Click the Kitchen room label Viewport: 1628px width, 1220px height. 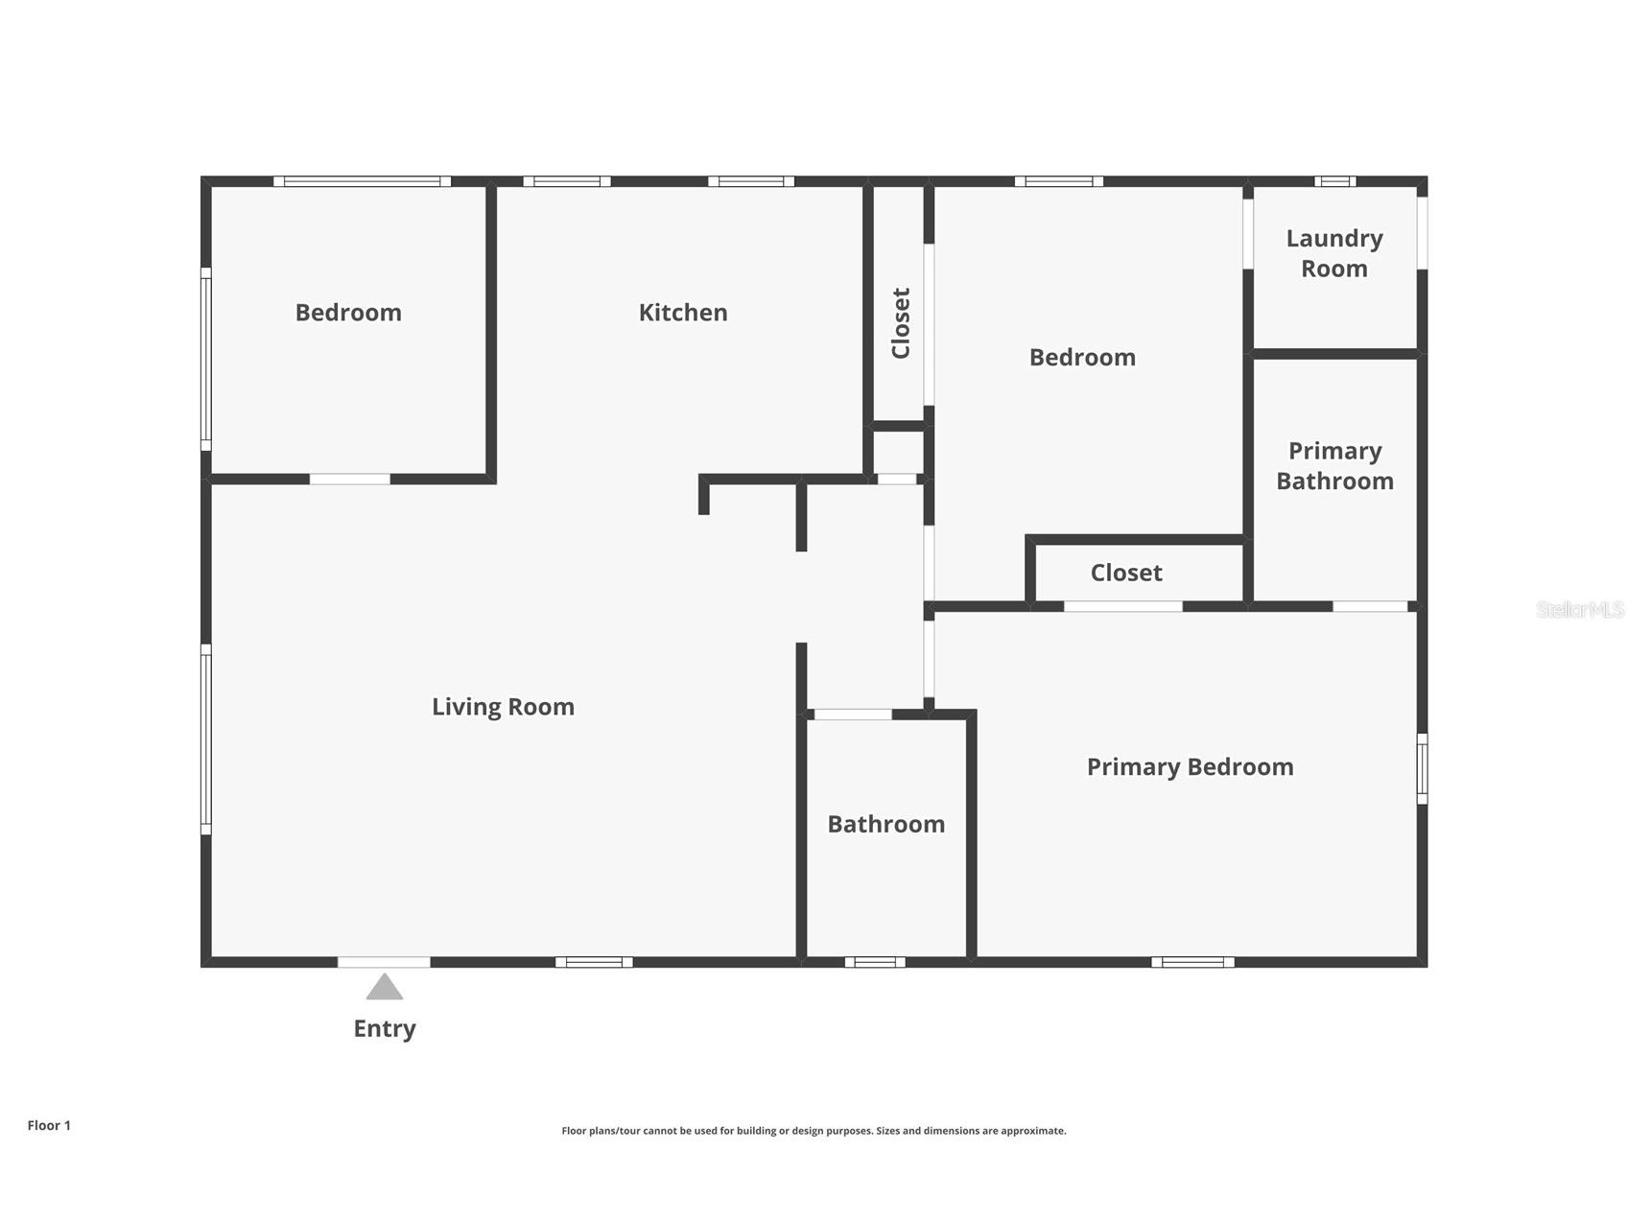click(683, 313)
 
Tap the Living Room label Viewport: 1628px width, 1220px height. click(503, 708)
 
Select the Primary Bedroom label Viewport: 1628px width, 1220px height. click(1190, 767)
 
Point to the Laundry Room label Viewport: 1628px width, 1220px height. click(1334, 253)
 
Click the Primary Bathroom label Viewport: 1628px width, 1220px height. click(1334, 466)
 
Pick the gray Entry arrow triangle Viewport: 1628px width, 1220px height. click(385, 987)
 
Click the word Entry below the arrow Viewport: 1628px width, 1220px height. click(385, 1029)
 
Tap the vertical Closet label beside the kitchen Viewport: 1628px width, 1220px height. click(901, 323)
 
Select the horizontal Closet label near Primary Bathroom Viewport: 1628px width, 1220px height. click(1126, 573)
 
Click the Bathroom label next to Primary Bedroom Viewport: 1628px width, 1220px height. click(885, 825)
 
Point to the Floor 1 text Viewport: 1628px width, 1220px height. click(49, 1126)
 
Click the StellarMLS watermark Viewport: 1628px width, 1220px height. click(1580, 609)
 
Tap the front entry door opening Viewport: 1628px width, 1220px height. click(384, 962)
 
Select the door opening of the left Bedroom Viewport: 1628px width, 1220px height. click(350, 479)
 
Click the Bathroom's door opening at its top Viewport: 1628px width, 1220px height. click(853, 715)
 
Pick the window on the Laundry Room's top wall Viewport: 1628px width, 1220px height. click(1335, 181)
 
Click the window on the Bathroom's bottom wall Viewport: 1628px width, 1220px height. click(875, 962)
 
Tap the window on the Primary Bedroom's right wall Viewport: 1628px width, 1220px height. click(1423, 769)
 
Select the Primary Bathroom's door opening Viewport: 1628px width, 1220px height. click(1371, 606)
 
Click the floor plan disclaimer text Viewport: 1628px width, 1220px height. click(814, 1131)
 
